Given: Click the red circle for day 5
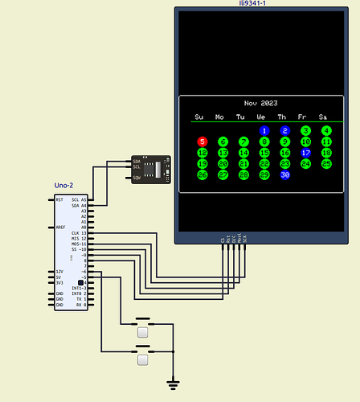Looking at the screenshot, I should (x=202, y=141).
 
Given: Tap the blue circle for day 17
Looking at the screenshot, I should (x=305, y=152).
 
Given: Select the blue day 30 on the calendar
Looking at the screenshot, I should (x=284, y=174).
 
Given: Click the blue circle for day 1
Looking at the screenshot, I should (x=264, y=130).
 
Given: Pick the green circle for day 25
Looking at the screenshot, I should (x=326, y=163).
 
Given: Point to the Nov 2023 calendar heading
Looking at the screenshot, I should (x=260, y=104).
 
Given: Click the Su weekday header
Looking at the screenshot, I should (x=200, y=117).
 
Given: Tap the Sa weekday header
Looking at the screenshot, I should (x=323, y=117).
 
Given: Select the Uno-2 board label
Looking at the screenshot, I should (x=64, y=186).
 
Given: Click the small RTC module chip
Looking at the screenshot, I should (x=150, y=169).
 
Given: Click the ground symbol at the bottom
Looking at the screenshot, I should (x=171, y=384).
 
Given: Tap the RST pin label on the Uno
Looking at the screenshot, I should (x=59, y=199).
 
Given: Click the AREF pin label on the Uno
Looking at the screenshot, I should (x=60, y=228).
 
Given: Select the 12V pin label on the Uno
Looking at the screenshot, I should (x=59, y=272).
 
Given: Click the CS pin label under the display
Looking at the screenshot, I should (x=223, y=239).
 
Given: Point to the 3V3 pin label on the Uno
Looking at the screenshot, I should (x=59, y=283).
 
